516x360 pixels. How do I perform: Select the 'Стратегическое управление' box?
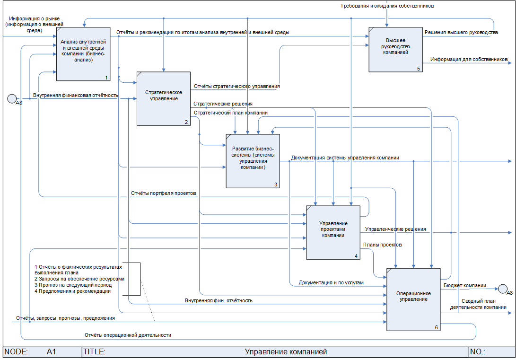(x=164, y=98)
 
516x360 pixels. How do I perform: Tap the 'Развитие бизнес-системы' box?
(x=253, y=161)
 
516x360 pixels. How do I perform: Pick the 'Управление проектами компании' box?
(x=333, y=232)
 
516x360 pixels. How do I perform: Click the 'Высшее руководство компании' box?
(x=396, y=49)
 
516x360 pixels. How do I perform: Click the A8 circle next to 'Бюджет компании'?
(x=502, y=289)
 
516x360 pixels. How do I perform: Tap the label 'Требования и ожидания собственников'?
(x=387, y=6)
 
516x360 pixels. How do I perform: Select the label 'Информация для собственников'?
(x=469, y=60)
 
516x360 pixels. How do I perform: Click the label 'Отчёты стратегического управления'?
(x=236, y=87)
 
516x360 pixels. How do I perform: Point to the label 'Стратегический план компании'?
(x=231, y=113)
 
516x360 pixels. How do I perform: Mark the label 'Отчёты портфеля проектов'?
(x=163, y=193)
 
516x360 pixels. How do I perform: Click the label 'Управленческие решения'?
(x=395, y=229)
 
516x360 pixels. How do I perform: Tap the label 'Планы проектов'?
(x=382, y=245)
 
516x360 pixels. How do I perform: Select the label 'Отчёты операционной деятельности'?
(x=128, y=335)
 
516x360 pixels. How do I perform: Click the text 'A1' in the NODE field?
(x=52, y=352)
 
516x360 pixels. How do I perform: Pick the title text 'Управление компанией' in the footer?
(x=286, y=352)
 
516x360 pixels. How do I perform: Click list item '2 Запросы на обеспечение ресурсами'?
(x=79, y=279)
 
